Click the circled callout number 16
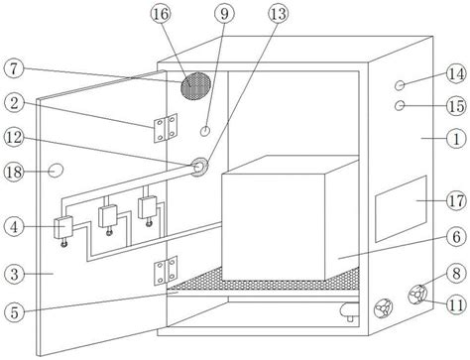pos(161,14)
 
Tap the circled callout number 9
pos(224,14)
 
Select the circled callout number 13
pos(279,14)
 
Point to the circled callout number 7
pos(14,68)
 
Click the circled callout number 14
pos(456,74)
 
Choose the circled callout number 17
pos(456,200)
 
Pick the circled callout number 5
pos(14,312)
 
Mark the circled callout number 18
pos(14,173)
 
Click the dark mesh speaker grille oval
pos(195,86)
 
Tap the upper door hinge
pos(166,128)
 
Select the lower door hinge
pos(166,271)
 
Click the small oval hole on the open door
pos(56,171)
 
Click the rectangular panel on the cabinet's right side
pos(401,209)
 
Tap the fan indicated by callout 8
pos(417,295)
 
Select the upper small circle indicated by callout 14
pos(400,85)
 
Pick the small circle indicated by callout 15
pos(400,105)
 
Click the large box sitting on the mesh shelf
pos(291,218)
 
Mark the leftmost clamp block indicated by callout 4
pos(63,227)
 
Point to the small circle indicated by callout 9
pos(205,131)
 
